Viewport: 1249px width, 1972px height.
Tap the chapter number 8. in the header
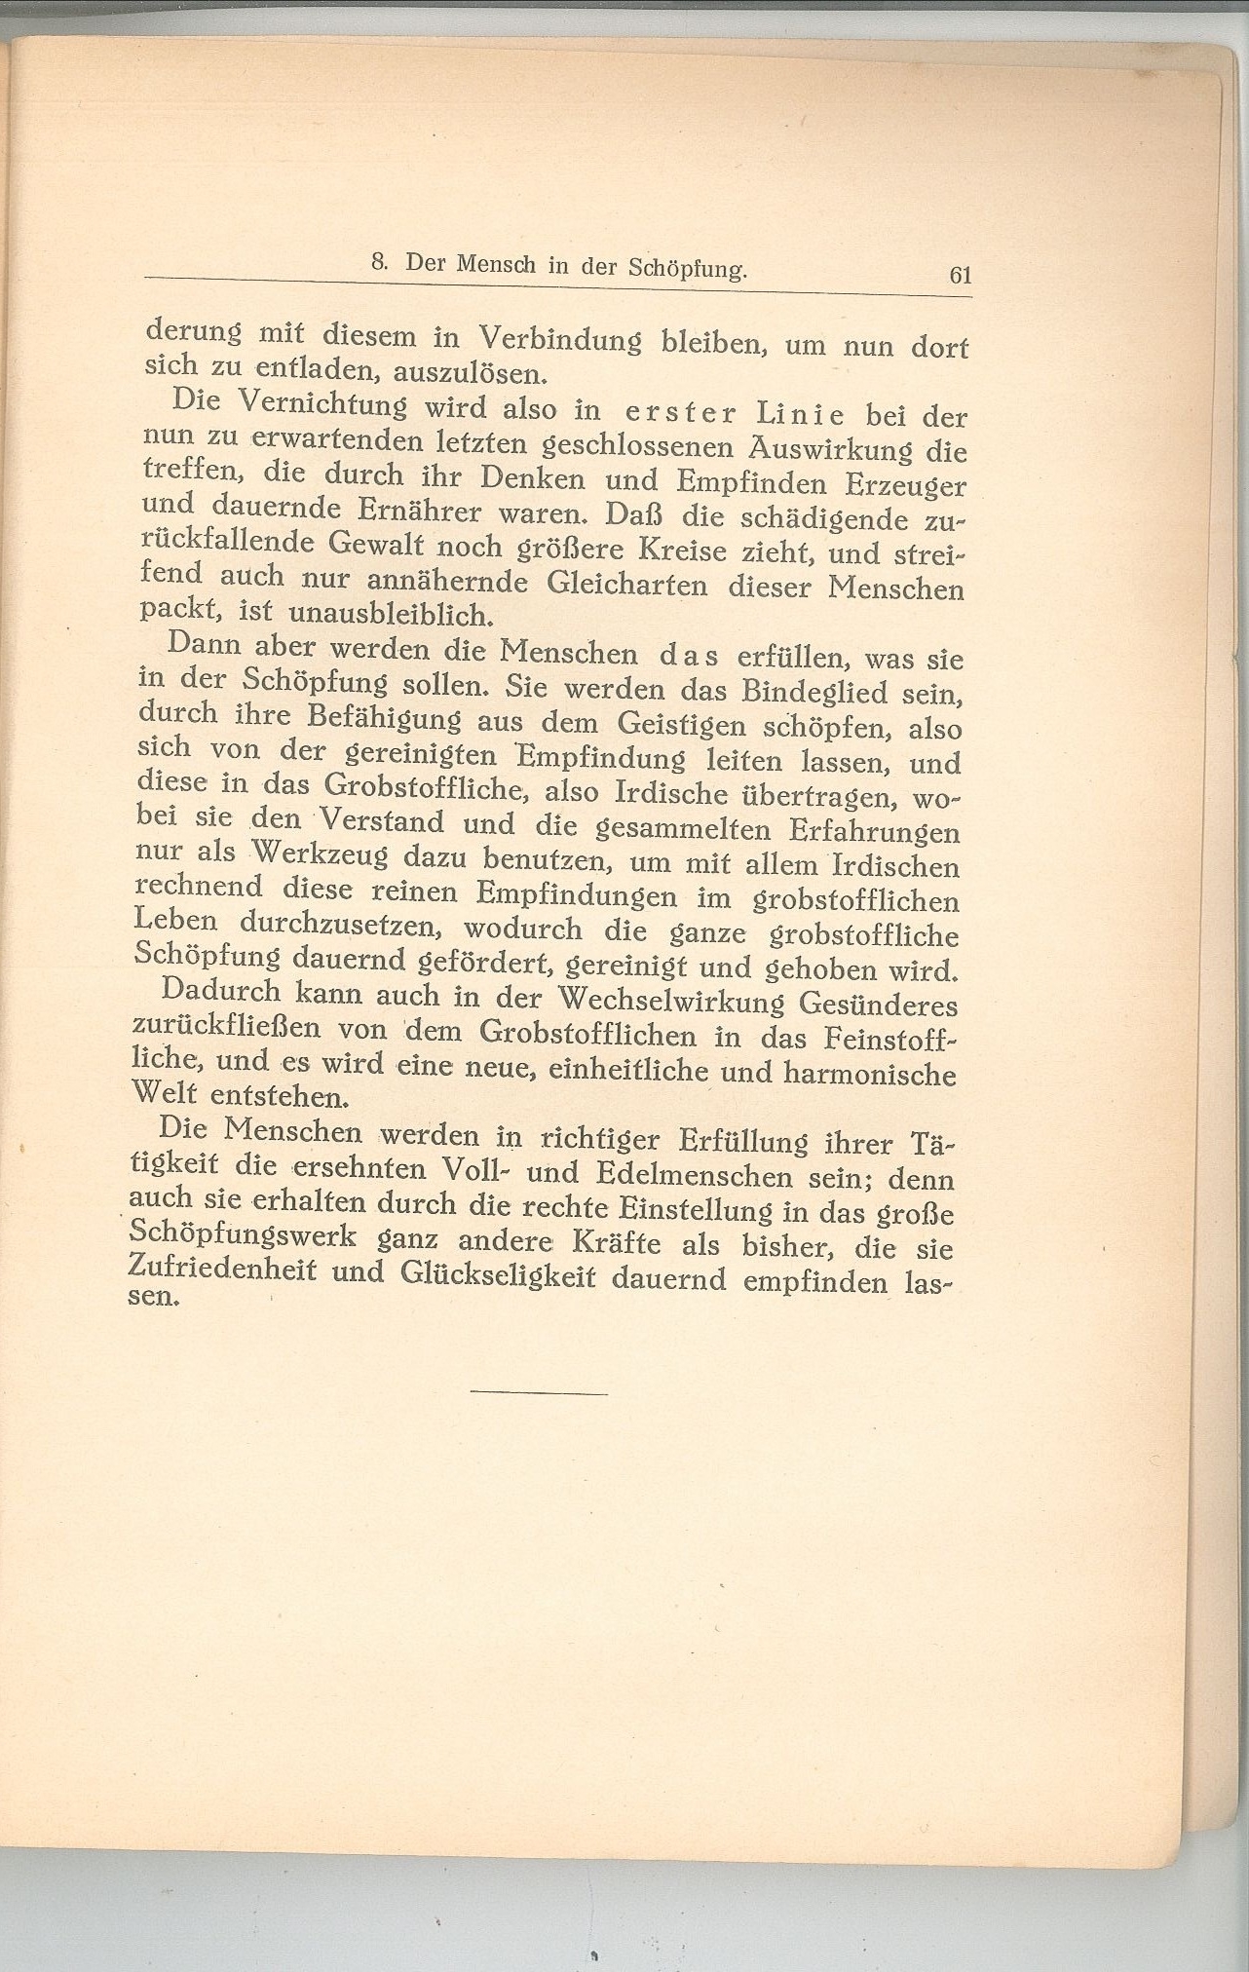(381, 262)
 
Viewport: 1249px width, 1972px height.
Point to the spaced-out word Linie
(803, 415)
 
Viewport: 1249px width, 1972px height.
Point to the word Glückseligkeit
(478, 1277)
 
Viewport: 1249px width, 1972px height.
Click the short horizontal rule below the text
(538, 1393)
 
